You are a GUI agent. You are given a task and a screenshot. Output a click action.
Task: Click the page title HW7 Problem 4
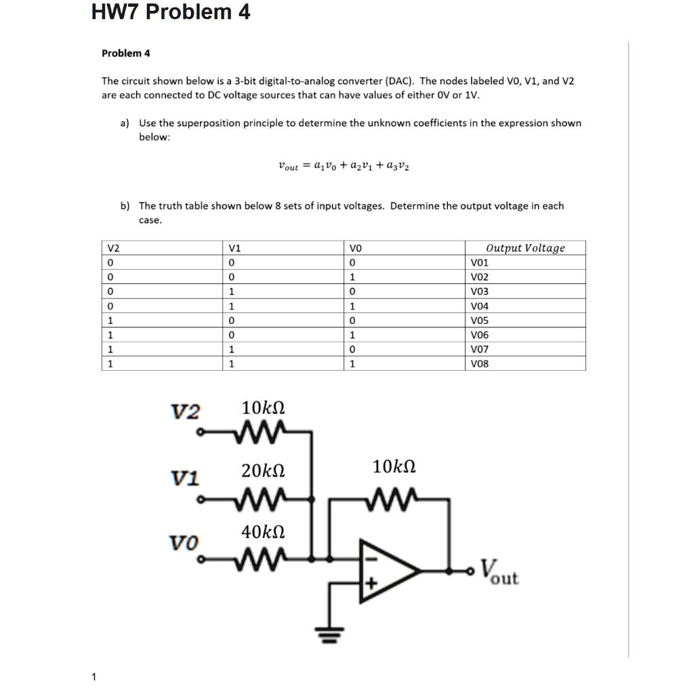coord(171,13)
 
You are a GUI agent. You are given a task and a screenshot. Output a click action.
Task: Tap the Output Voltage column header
coord(525,248)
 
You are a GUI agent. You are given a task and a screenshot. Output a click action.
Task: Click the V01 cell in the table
coord(479,262)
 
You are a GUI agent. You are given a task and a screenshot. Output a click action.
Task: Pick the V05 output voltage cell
coord(479,320)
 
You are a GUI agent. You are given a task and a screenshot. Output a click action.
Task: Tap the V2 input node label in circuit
coord(185,411)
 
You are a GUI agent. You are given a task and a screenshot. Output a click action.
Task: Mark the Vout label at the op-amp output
coord(499,573)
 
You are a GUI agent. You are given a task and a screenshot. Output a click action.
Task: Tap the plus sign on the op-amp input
coord(370,583)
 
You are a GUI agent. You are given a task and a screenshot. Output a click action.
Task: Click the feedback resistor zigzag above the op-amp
coord(394,500)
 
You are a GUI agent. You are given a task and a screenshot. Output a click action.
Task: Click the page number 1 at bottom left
coord(94,676)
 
